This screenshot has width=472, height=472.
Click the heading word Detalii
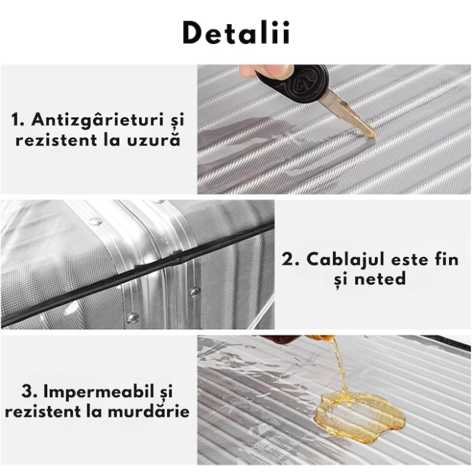point(236,32)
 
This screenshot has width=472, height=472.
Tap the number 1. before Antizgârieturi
point(18,121)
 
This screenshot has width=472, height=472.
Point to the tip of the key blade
point(372,134)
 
